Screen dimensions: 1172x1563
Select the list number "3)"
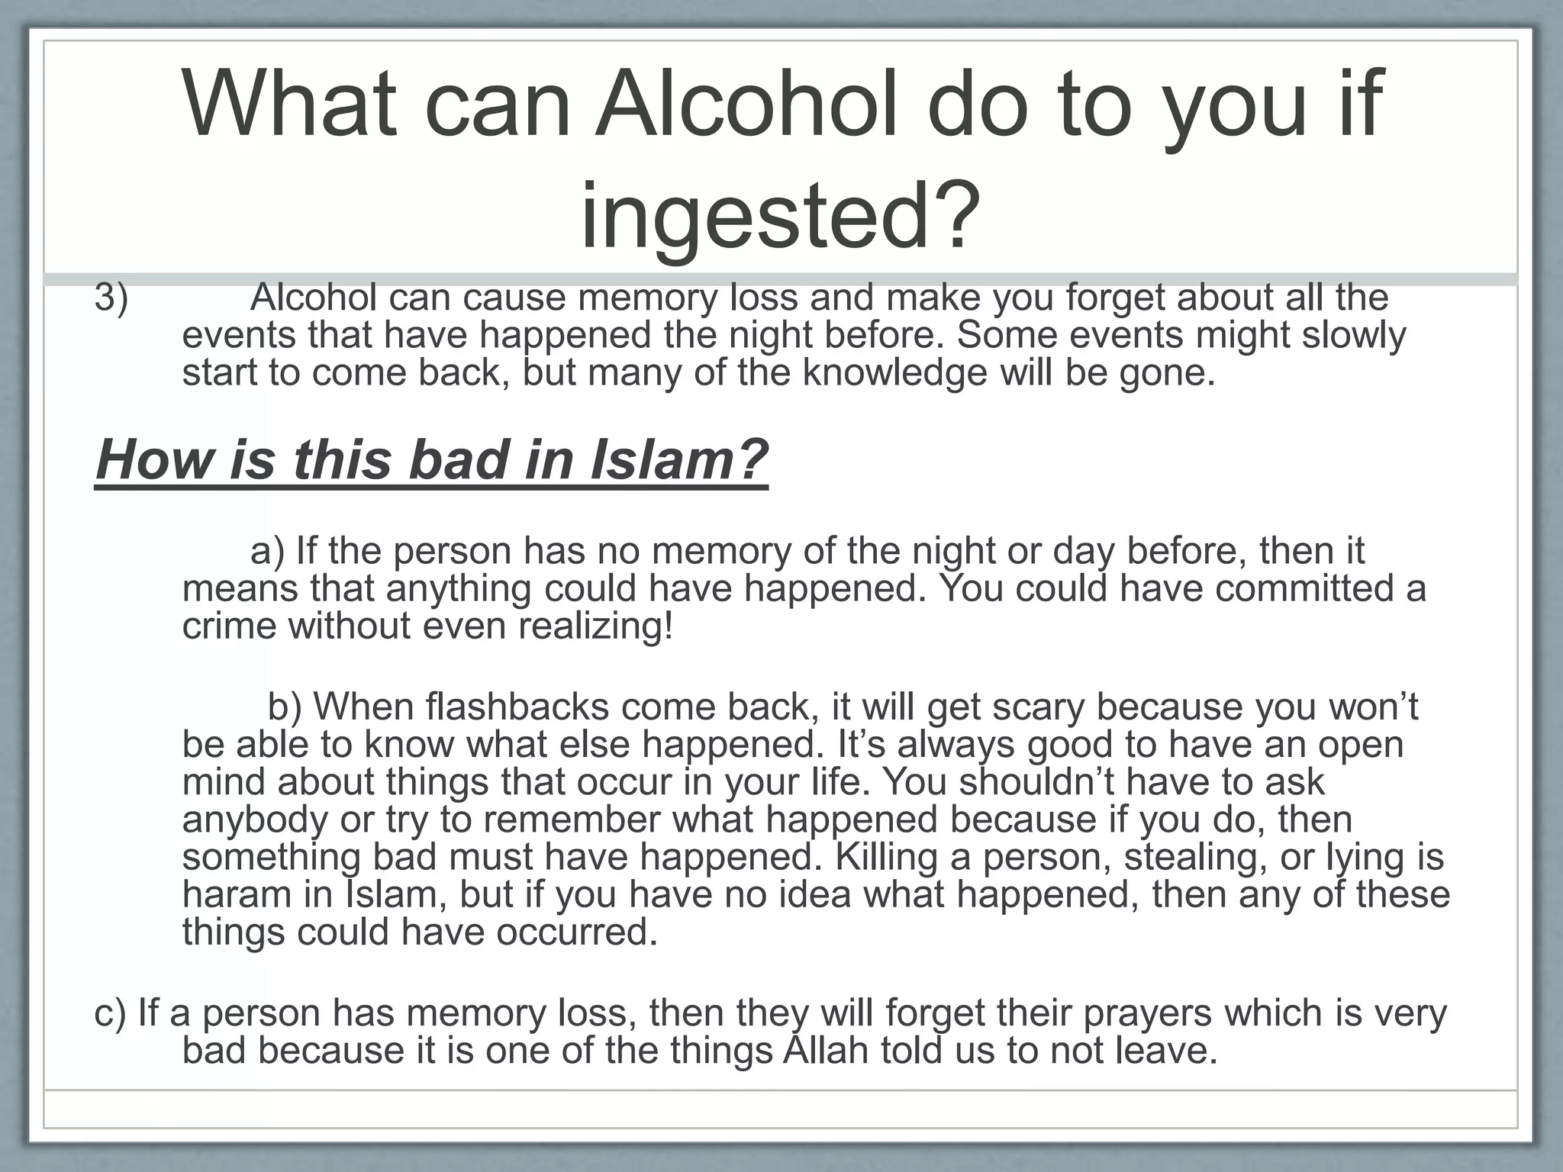point(111,298)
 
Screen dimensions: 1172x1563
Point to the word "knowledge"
point(895,373)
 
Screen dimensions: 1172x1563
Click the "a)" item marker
point(267,551)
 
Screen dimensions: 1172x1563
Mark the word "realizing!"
point(595,626)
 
